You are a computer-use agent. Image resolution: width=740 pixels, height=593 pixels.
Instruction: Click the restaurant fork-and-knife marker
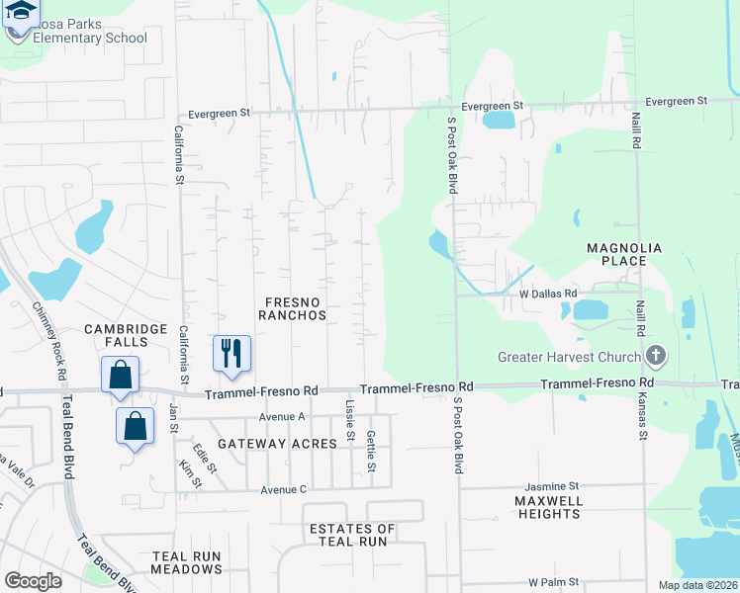232,353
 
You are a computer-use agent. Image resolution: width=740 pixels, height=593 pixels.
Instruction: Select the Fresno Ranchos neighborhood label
292,307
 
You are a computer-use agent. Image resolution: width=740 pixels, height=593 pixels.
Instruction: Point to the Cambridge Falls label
116,335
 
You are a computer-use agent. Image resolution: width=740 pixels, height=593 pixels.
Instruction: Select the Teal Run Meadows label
187,562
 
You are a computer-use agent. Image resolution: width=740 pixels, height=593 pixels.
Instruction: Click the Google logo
34,581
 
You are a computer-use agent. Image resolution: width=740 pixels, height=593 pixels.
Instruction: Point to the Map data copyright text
696,585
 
